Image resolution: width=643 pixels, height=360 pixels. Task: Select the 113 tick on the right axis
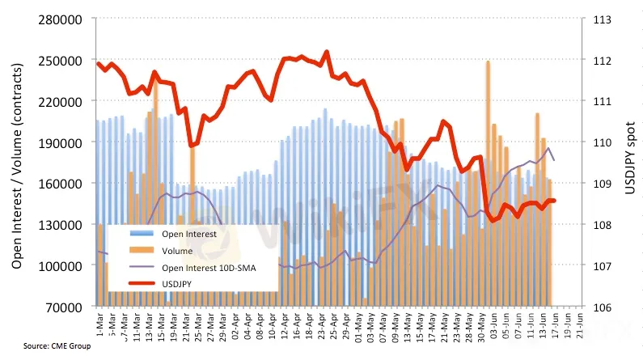601,19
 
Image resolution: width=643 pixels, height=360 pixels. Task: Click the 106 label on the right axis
601,307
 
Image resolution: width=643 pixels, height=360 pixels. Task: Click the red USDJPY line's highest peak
327,52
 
